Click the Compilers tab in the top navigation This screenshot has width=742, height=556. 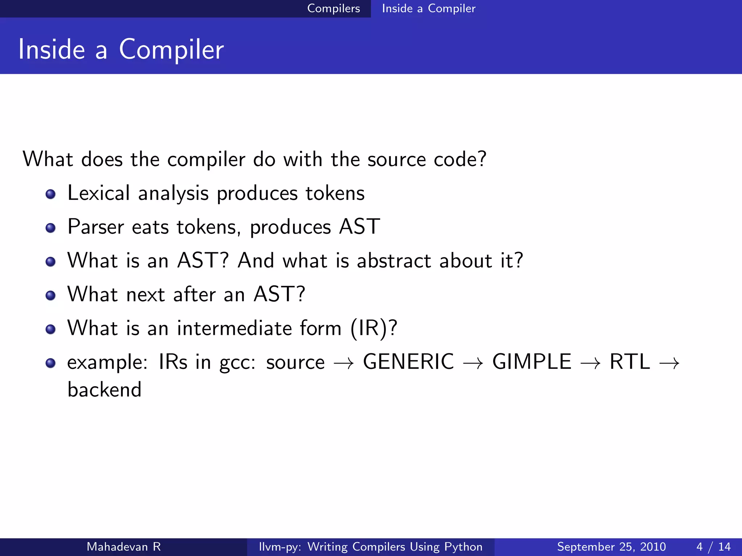[x=333, y=8]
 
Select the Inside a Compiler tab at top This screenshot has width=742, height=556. [x=428, y=8]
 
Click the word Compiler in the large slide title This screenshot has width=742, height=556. [x=171, y=50]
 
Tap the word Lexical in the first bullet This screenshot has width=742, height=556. [x=99, y=193]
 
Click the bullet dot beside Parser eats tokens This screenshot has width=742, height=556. [x=51, y=228]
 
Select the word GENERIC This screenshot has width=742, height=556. [x=408, y=362]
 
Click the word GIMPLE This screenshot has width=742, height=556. [x=532, y=362]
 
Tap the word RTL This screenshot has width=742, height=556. [x=630, y=362]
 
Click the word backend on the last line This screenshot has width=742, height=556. [x=104, y=390]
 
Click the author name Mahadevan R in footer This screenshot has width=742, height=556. [x=124, y=547]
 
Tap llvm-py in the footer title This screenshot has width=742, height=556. [x=279, y=547]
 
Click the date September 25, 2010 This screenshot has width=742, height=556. [x=611, y=547]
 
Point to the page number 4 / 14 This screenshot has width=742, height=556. [x=713, y=547]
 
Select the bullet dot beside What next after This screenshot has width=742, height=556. [x=51, y=295]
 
